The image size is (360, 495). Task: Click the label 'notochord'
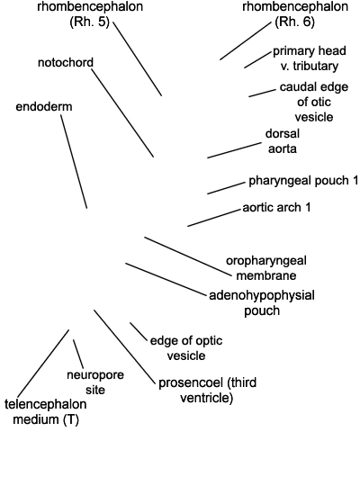[x=66, y=62]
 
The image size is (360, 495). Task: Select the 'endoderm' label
[x=44, y=107]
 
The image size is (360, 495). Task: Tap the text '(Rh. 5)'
[x=90, y=22]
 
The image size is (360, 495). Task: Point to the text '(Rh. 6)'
[x=295, y=22]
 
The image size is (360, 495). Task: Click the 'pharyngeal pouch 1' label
[x=303, y=181]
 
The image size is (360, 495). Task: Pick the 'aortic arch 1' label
[x=276, y=207]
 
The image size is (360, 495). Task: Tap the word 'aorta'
[x=283, y=148]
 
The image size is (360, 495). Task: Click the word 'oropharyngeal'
[x=266, y=261]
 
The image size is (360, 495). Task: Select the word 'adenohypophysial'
[x=262, y=296]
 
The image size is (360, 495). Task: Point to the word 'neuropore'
[x=95, y=375]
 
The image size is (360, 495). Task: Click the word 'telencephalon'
[x=46, y=404]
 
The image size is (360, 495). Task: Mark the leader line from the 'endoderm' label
[x=74, y=162]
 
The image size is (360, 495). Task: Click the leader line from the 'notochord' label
[x=122, y=113]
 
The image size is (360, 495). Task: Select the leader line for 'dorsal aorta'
[x=234, y=150]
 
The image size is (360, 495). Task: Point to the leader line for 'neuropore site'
[x=78, y=354]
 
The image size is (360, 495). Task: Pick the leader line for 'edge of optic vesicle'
[x=139, y=332]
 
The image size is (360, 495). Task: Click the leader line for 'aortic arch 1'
[x=214, y=218]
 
